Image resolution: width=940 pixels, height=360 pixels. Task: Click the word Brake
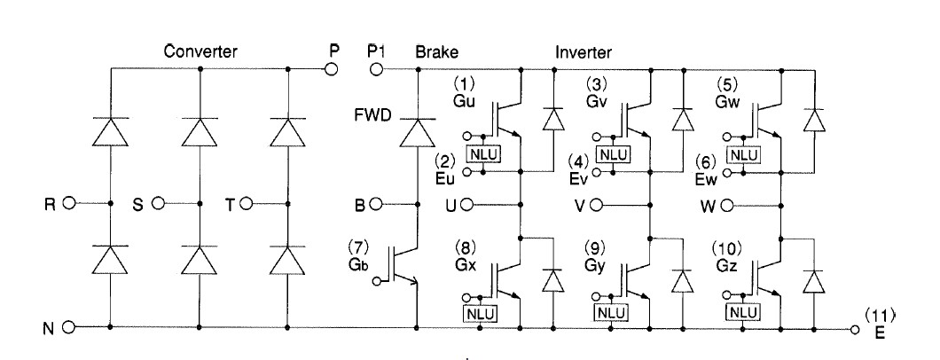(x=435, y=51)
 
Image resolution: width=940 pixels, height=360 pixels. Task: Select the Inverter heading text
(x=582, y=51)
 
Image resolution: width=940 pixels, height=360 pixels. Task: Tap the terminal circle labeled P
(x=333, y=68)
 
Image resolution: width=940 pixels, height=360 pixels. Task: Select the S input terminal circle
(x=158, y=203)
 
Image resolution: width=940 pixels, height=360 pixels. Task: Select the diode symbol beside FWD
(x=417, y=133)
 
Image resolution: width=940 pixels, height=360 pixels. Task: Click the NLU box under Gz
(x=743, y=312)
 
